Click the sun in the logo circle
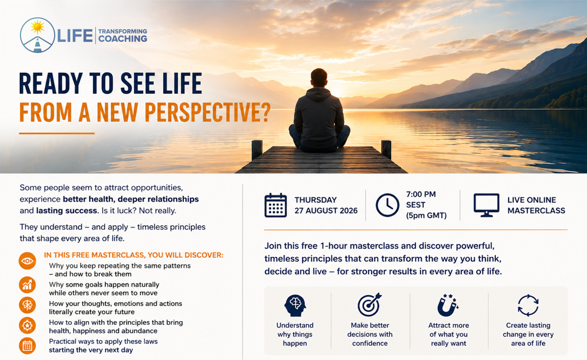click(x=38, y=27)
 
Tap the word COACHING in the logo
click(x=122, y=39)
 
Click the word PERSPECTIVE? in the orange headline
click(x=207, y=112)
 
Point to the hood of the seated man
click(x=319, y=95)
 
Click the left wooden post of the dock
click(x=257, y=150)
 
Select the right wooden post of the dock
click(x=386, y=150)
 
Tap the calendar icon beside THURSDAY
click(x=276, y=205)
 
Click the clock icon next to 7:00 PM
click(x=387, y=205)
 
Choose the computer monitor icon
click(x=487, y=205)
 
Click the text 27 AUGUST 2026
click(x=326, y=211)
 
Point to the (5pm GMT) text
click(x=427, y=215)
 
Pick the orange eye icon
click(x=27, y=261)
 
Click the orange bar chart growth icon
click(x=27, y=285)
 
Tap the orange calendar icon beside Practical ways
click(x=27, y=346)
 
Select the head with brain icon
click(x=295, y=306)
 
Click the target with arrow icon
click(x=370, y=305)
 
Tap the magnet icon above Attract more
click(x=448, y=305)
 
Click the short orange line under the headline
click(x=57, y=133)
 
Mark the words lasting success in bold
click(x=66, y=211)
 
